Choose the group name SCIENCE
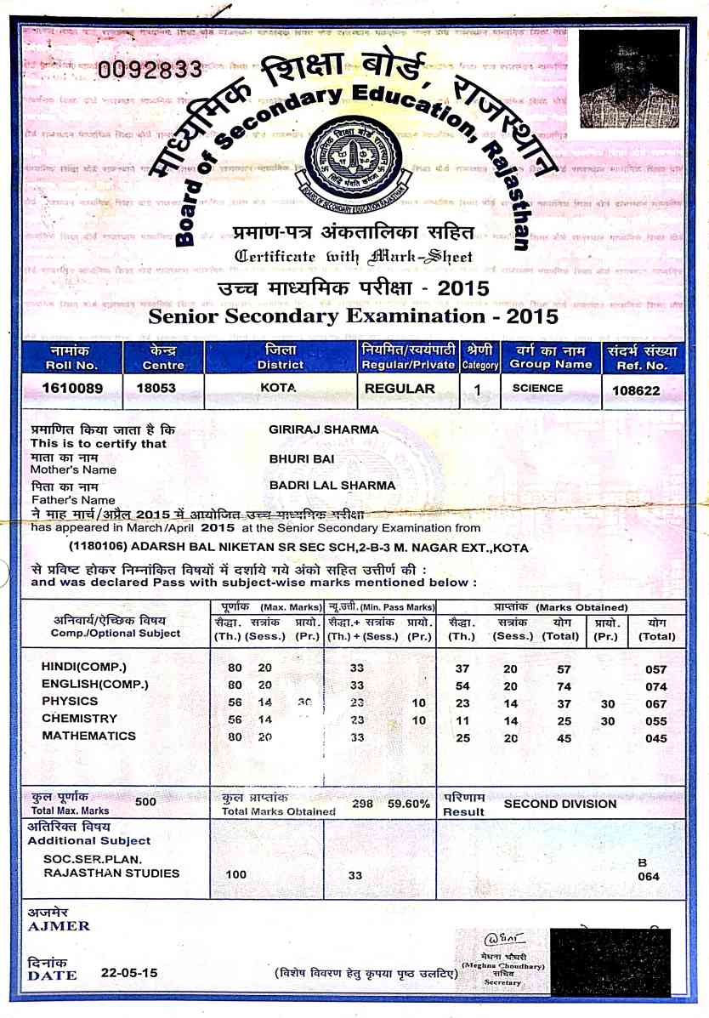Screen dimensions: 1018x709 (x=537, y=389)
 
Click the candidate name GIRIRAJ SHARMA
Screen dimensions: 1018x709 (x=324, y=430)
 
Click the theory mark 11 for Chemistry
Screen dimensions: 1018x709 (x=462, y=720)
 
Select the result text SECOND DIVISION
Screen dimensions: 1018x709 (x=560, y=804)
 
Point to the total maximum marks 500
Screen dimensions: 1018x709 (x=146, y=801)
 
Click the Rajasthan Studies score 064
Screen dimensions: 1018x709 (x=649, y=877)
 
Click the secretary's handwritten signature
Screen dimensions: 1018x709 (x=499, y=941)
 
